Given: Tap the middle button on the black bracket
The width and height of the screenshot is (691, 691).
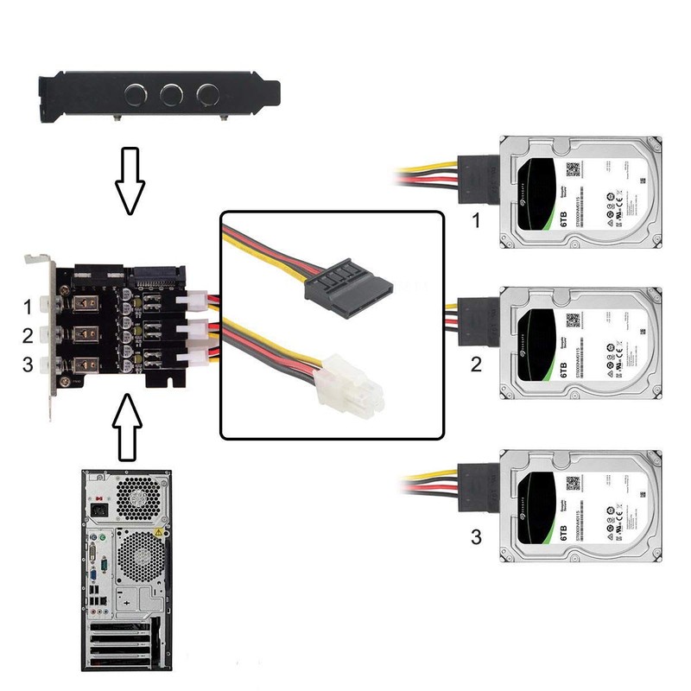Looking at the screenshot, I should point(171,93).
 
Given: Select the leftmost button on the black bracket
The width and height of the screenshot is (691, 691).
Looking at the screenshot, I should point(136,93).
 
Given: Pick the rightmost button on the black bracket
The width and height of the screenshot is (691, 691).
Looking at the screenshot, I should point(206,93).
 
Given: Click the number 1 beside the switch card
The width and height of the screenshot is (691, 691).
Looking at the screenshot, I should point(29,306).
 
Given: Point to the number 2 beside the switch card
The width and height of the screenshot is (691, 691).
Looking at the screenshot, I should point(29,335).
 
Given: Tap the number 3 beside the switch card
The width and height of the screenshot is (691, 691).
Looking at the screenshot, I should point(29,365).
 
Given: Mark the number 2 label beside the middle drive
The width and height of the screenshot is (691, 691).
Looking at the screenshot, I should point(475,364).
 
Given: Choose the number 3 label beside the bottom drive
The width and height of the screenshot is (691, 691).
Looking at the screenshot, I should point(475,538).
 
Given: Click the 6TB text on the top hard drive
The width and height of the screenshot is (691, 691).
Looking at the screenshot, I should point(564,215).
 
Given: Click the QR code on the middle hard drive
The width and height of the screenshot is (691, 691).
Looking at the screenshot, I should point(573,320).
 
